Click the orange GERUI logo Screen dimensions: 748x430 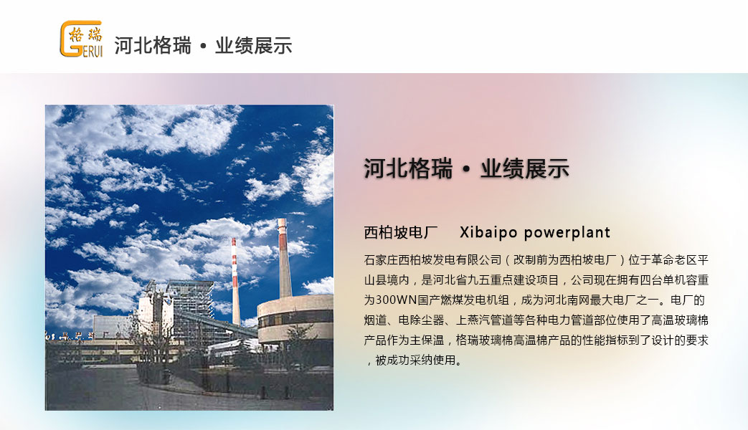point(81,39)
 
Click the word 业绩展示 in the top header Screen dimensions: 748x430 point(253,46)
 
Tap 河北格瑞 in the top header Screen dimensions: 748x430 point(153,46)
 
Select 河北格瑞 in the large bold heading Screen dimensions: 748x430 point(408,168)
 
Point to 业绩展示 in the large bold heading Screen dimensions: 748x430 point(525,168)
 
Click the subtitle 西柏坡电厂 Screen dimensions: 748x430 point(401,232)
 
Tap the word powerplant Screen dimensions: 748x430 point(567,233)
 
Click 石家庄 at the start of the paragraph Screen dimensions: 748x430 point(381,260)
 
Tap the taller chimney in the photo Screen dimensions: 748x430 point(284,258)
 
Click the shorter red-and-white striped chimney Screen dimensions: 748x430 point(235,281)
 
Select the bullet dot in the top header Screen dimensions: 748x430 point(203,47)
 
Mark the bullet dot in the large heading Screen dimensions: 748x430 point(466,170)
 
